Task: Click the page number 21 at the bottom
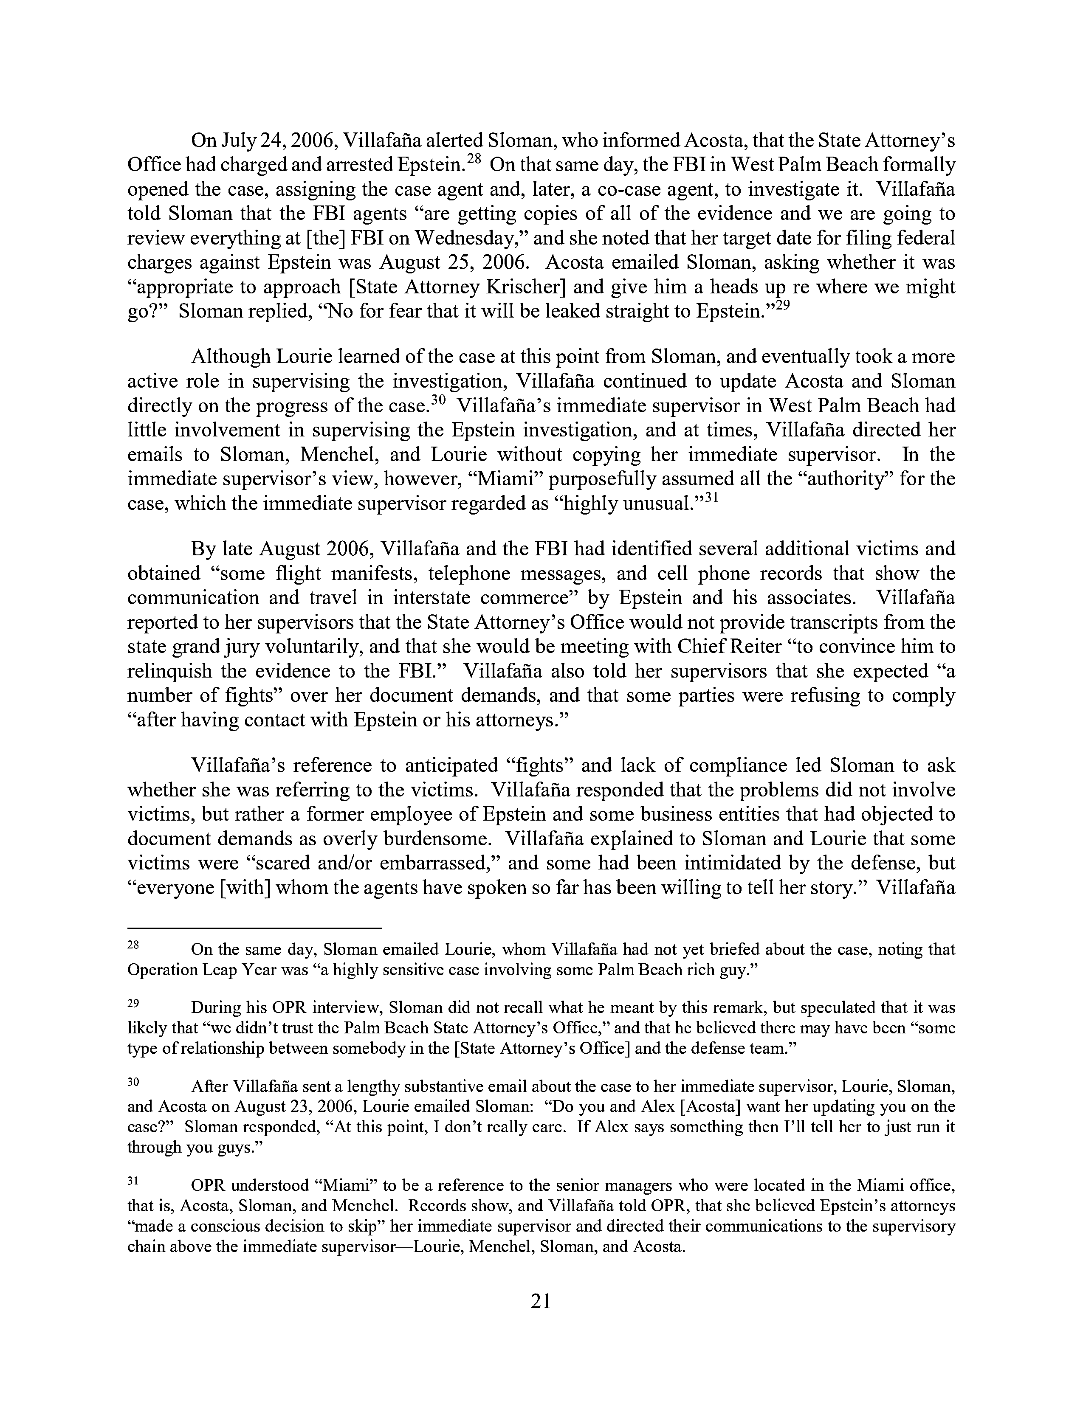[x=541, y=1300]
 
